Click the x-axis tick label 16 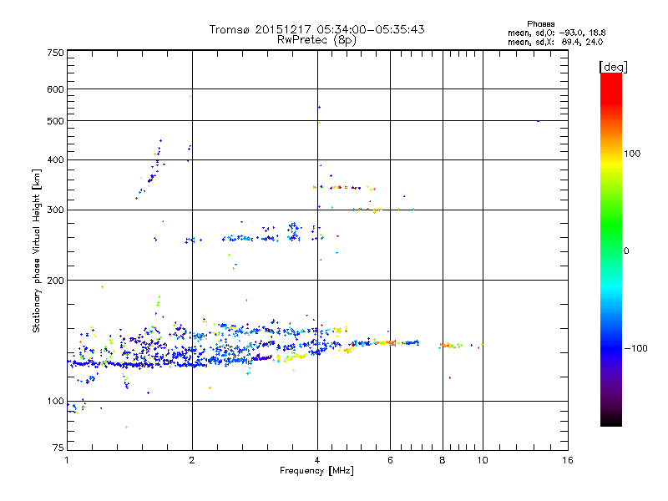[567, 461]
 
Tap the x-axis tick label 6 [390, 461]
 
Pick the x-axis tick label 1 [67, 461]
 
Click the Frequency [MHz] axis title [317, 472]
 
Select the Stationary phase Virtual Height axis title [36, 250]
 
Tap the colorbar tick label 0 [629, 250]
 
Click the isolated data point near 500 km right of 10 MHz [538, 121]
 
